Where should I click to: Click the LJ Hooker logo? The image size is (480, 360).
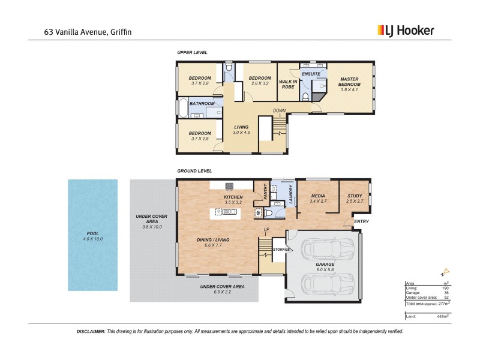pyautogui.click(x=405, y=30)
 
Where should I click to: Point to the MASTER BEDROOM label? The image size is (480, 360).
pyautogui.click(x=349, y=82)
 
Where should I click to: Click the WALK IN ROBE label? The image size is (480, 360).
pyautogui.click(x=288, y=84)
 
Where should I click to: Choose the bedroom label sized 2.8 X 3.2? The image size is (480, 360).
pyautogui.click(x=260, y=80)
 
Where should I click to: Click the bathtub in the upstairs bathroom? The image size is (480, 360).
pyautogui.click(x=181, y=108)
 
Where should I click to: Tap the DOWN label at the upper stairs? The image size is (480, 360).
pyautogui.click(x=280, y=110)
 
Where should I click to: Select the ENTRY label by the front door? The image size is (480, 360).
pyautogui.click(x=362, y=221)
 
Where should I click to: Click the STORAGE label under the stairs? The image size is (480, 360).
pyautogui.click(x=281, y=249)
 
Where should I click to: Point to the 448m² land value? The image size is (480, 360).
pyautogui.click(x=444, y=316)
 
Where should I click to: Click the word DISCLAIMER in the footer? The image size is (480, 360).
pyautogui.click(x=91, y=331)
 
